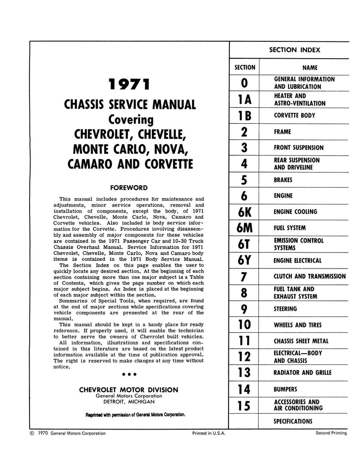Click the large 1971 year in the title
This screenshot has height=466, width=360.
click(128, 85)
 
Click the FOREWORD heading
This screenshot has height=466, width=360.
click(128, 187)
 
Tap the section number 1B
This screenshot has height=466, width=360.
click(244, 116)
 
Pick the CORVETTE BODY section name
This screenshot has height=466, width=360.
click(294, 116)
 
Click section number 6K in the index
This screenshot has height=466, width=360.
click(244, 212)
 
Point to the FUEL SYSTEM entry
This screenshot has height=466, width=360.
click(289, 228)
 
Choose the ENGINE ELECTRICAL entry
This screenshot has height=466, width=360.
click(298, 261)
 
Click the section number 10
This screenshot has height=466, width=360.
click(244, 325)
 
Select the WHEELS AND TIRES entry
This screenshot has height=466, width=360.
click(298, 325)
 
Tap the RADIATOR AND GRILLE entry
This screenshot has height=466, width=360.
click(302, 373)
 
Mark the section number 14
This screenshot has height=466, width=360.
click(244, 389)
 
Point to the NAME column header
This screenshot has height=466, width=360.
click(309, 67)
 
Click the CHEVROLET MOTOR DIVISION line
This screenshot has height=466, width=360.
click(129, 390)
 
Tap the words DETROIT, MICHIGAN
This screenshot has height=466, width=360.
click(129, 402)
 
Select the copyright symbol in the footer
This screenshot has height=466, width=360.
click(31, 433)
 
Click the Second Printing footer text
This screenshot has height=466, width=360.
click(331, 433)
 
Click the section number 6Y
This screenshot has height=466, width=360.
click(244, 261)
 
